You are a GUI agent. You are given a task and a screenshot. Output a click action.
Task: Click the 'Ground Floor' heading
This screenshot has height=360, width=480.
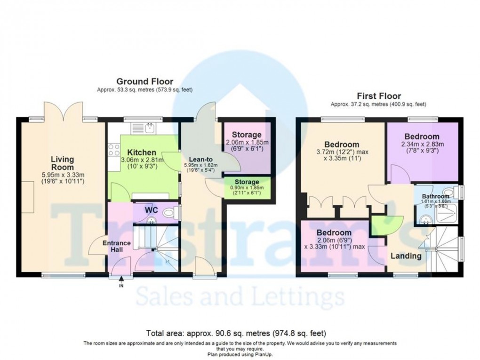coord(144,81)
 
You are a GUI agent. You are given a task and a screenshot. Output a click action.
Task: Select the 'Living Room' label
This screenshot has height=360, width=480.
coord(62,164)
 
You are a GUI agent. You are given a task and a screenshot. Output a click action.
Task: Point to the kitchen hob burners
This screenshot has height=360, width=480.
coord(113,150)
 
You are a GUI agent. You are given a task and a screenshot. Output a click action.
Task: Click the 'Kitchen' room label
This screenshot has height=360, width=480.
coord(141,152)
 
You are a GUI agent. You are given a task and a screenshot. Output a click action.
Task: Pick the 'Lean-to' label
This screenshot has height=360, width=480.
coord(202,159)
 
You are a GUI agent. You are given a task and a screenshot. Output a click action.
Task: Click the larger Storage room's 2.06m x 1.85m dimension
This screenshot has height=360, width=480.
coord(247,143)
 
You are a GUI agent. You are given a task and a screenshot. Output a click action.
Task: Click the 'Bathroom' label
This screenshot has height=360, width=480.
coord(435,196)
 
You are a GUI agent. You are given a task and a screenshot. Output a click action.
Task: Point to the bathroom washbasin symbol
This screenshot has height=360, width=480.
coord(425,218)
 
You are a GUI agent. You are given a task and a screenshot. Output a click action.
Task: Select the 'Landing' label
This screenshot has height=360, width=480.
coord(406,256)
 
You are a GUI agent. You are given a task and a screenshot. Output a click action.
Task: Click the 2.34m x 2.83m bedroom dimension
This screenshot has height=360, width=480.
coord(423,144)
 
